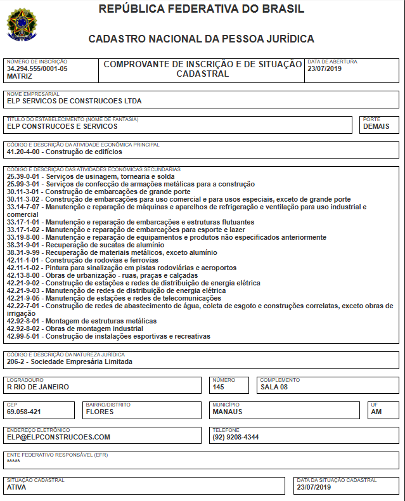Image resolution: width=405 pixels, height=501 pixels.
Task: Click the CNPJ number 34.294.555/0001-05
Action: [37, 68]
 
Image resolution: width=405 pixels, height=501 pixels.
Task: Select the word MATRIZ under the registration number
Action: [19, 75]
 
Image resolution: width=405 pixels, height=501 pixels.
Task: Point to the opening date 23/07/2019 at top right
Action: [325, 68]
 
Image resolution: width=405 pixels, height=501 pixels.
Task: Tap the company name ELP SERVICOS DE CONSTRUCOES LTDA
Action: [74, 101]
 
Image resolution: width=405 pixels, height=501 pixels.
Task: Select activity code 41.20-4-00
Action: [24, 152]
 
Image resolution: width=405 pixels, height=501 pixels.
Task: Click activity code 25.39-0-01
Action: [24, 176]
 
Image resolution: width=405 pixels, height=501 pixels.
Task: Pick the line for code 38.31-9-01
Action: [24, 245]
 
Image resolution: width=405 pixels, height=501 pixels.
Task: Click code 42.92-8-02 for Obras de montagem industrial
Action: [24, 329]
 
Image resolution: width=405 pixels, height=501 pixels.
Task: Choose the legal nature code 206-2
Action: [17, 361]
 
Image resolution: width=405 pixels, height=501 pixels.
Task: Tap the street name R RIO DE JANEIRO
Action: [38, 386]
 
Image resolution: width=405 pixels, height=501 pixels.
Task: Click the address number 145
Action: [219, 386]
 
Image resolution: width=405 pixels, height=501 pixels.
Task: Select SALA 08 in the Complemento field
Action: [274, 386]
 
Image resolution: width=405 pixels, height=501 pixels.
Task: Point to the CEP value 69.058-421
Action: [24, 412]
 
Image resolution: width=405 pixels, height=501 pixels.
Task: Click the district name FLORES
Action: [100, 412]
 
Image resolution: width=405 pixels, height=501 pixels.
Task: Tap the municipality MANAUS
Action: [228, 412]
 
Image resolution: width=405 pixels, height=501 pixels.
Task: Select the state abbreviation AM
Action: [376, 412]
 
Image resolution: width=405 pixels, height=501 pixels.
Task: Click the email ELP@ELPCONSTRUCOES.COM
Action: [58, 437]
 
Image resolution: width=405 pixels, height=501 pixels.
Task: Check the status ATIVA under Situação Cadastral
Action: [18, 487]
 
